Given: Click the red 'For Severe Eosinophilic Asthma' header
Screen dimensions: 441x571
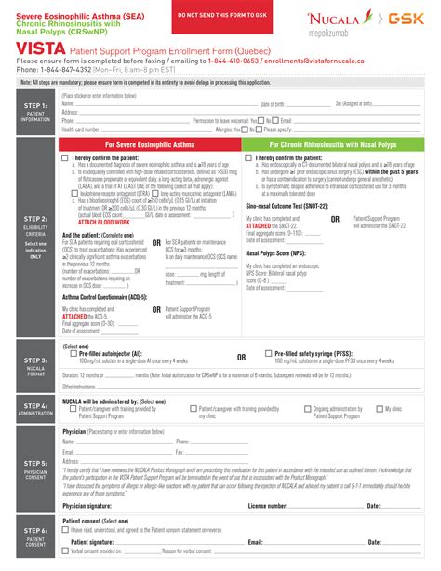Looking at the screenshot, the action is click(150, 145).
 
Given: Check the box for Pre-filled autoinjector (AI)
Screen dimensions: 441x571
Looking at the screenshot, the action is click(74, 355).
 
